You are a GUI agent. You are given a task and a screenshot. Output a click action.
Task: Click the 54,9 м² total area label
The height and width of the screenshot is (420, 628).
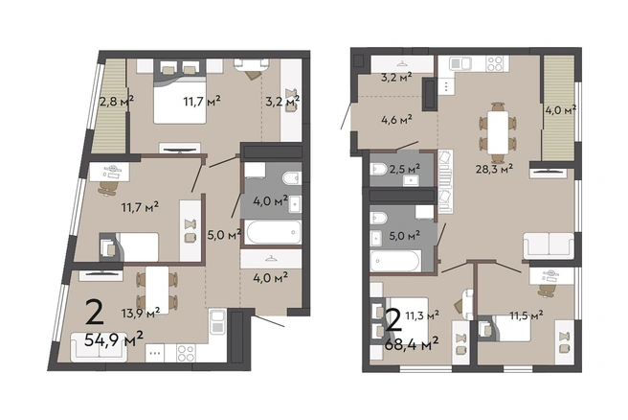(114, 340)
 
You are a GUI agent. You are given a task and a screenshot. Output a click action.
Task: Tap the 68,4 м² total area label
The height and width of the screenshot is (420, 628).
(412, 344)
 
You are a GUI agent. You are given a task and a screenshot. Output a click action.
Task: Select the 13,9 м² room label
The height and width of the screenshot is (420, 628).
(141, 313)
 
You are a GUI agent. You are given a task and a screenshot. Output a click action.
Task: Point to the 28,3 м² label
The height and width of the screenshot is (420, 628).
(494, 169)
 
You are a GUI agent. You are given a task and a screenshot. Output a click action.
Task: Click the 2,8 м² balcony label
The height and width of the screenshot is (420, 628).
(116, 101)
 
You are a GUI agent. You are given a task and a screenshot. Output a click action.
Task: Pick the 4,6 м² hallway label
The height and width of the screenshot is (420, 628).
(396, 119)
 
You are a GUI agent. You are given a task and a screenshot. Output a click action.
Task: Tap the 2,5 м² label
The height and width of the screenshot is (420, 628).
(405, 169)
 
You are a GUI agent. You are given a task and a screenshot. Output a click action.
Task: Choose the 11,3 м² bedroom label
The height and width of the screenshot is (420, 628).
(422, 315)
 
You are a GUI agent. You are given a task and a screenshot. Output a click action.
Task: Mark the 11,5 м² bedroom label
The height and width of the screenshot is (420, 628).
(527, 315)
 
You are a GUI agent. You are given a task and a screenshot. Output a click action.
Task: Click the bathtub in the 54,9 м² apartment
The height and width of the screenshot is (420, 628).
(273, 232)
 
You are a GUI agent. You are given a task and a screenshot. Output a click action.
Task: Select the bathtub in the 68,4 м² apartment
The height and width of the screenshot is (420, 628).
(395, 261)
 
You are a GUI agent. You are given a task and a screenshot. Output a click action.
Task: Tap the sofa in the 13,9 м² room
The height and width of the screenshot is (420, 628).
(99, 347)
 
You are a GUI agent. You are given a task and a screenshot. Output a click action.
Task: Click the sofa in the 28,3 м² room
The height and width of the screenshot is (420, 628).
(549, 245)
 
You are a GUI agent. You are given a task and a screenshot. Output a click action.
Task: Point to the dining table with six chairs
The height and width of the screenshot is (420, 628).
(498, 132)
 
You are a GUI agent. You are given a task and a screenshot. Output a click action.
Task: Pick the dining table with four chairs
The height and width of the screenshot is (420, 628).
(157, 290)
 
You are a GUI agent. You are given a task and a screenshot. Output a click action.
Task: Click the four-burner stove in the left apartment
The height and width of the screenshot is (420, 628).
(187, 353)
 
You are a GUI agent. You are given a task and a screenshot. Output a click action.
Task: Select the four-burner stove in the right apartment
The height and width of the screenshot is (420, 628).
(495, 64)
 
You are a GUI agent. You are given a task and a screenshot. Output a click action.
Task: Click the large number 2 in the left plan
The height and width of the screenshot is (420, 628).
(95, 313)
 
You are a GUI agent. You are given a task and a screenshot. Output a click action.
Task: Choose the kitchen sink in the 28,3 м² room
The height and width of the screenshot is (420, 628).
(460, 63)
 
